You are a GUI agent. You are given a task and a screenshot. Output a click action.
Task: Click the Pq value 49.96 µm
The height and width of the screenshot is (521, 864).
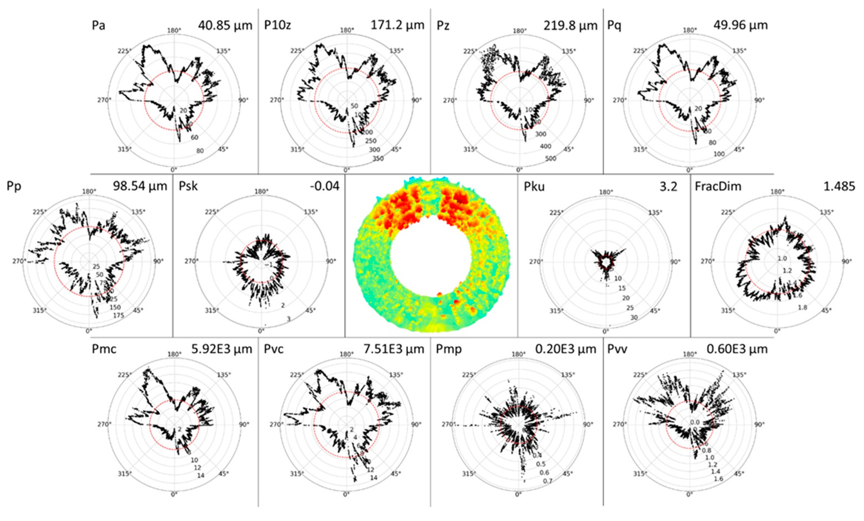[740, 25]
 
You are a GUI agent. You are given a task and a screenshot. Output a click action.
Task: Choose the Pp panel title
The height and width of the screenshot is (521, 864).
[14, 186]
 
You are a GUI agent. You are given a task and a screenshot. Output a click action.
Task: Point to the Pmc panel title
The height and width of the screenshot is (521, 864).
[104, 349]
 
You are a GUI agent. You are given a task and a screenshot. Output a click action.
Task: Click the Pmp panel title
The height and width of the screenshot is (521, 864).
[449, 349]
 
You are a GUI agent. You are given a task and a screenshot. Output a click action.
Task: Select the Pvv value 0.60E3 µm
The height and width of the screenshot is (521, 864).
[737, 349]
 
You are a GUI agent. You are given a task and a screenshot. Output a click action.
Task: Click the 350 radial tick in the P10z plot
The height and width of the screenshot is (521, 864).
[378, 159]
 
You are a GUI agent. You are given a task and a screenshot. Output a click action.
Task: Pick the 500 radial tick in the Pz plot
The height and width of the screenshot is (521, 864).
[550, 159]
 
